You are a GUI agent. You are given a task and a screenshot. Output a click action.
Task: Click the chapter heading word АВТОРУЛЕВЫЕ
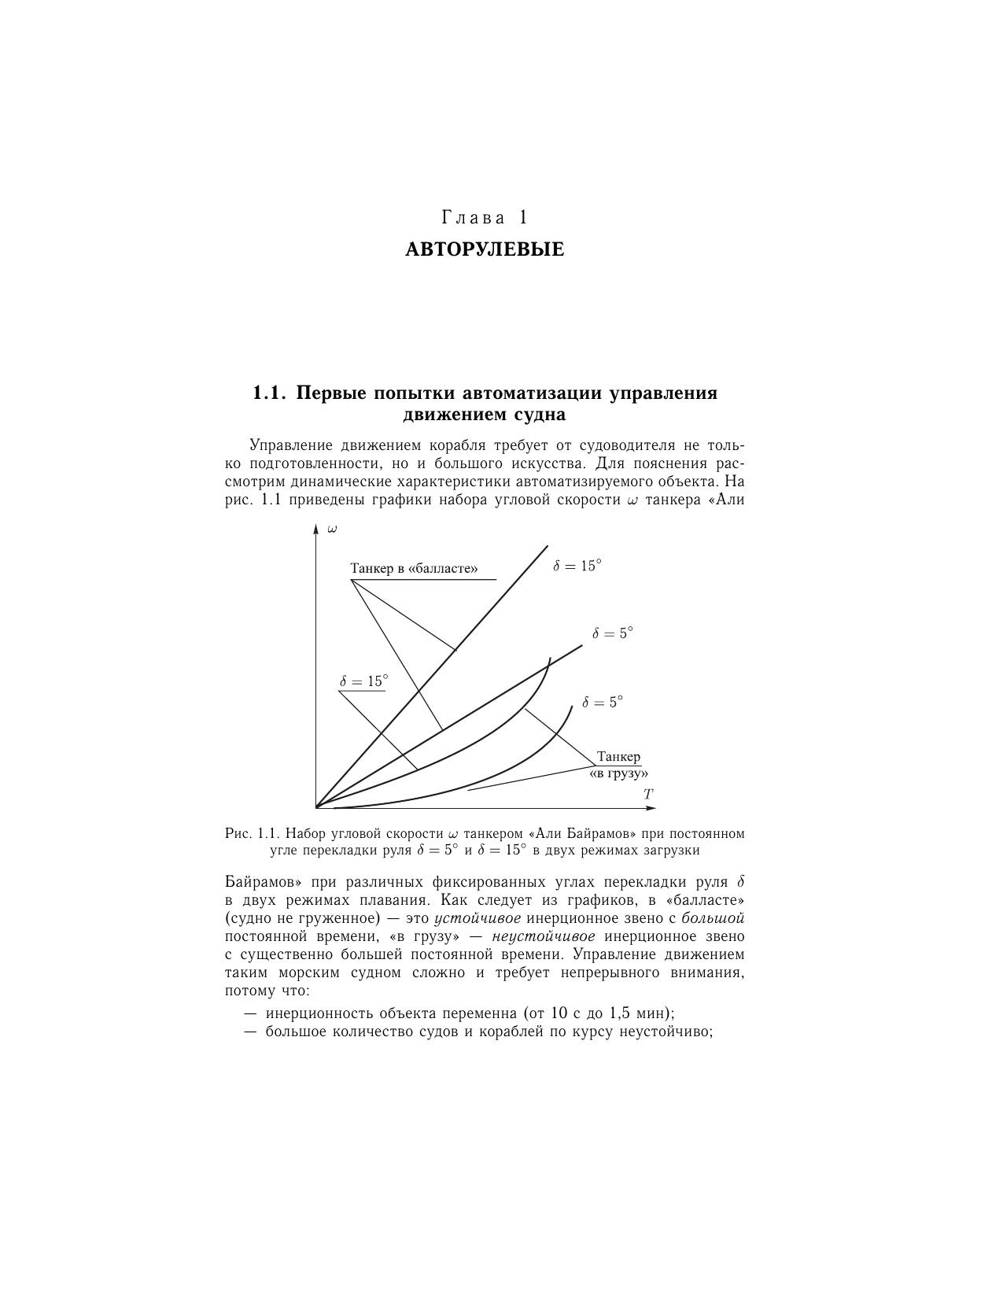485,250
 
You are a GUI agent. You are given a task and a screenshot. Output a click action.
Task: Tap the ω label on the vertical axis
332,529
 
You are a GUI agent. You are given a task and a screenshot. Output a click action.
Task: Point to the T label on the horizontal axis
648,795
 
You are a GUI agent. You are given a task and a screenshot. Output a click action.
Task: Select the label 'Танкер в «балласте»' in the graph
414,568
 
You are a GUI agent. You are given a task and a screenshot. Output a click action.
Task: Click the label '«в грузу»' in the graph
618,773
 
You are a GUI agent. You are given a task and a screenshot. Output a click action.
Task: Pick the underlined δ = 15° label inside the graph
363,681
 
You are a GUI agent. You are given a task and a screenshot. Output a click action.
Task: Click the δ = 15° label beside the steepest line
577,566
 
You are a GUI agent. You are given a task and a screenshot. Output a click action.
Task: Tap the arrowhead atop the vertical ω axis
315,528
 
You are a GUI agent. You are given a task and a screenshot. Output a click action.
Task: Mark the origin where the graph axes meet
315,807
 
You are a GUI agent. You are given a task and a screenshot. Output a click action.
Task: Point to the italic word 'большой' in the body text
713,918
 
